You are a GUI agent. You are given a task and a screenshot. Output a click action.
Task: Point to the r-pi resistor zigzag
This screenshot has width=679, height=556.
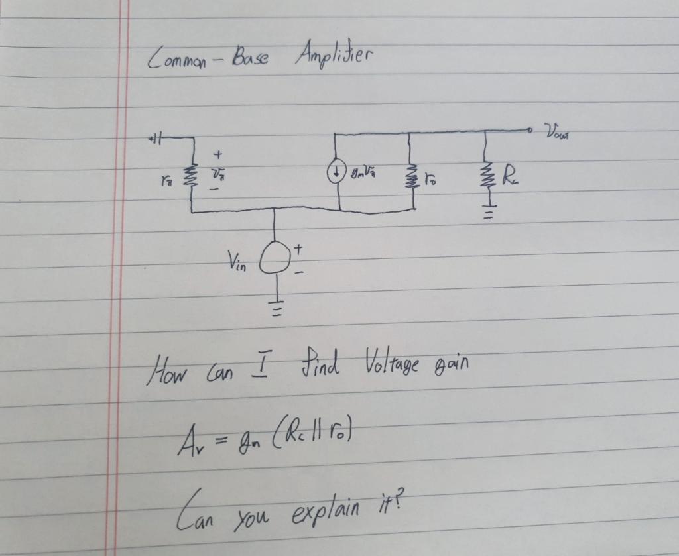coord(192,176)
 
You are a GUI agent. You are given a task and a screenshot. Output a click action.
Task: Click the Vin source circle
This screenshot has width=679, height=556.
coord(275,260)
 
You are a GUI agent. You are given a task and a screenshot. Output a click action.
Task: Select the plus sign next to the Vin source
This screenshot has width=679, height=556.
coord(298,249)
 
